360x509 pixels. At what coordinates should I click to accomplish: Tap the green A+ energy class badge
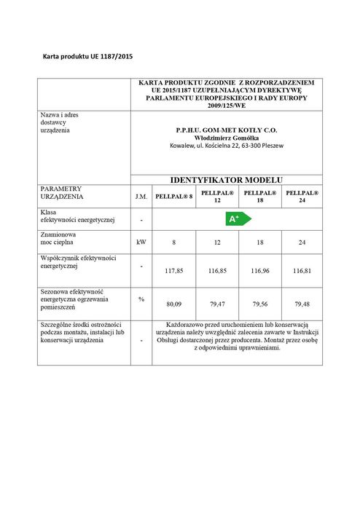pyautogui.click(x=235, y=218)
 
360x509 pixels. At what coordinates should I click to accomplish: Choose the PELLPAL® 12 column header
pyautogui.click(x=216, y=196)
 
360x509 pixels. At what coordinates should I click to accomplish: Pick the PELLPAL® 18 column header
pyautogui.click(x=258, y=196)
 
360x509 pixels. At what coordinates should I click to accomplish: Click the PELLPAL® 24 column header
pyautogui.click(x=300, y=196)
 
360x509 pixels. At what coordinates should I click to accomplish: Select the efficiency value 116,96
pyautogui.click(x=259, y=269)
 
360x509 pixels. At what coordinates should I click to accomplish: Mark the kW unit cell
pyautogui.click(x=141, y=241)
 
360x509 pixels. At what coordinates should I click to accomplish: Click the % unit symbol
pyautogui.click(x=141, y=298)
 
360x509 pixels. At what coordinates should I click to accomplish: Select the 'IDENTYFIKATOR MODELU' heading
pyautogui.click(x=226, y=180)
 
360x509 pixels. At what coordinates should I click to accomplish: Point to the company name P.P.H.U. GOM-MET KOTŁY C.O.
pyautogui.click(x=227, y=130)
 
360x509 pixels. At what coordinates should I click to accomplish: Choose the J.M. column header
pyautogui.click(x=141, y=196)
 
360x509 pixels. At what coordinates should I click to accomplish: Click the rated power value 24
pyautogui.click(x=300, y=241)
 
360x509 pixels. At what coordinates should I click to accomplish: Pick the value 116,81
pyautogui.click(x=300, y=269)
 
